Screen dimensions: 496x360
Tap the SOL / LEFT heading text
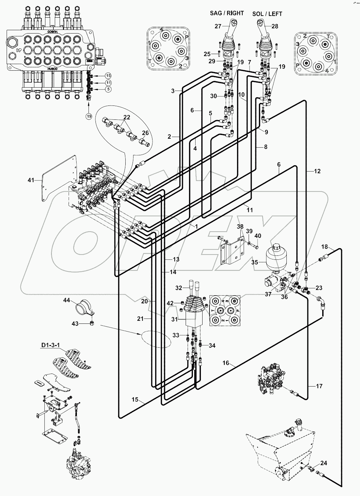tap(267, 14)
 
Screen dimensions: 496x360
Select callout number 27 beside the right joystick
tap(217, 26)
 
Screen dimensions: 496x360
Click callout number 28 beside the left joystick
tap(275, 26)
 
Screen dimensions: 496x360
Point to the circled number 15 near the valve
tap(108, 75)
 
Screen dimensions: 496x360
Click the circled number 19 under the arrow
tap(89, 116)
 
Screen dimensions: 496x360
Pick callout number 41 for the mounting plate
tap(31, 180)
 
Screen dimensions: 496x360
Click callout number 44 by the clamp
tap(67, 300)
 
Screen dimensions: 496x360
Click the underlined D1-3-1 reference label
tap(50, 345)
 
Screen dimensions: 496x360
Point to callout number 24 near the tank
tap(324, 463)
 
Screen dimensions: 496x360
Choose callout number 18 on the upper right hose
tap(325, 247)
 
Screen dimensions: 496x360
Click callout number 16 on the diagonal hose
tap(226, 363)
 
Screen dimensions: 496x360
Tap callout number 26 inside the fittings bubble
tap(145, 133)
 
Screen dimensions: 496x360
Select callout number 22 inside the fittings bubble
tap(127, 117)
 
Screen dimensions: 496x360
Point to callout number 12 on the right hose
tap(317, 171)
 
